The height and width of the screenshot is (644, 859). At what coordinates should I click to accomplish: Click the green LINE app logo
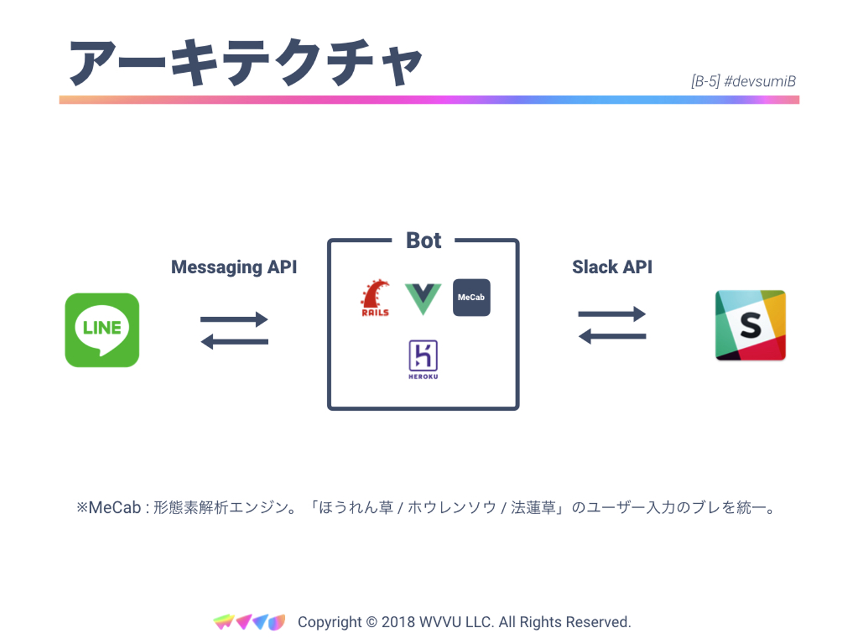tap(102, 330)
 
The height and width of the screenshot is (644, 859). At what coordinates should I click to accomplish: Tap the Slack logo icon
tap(750, 325)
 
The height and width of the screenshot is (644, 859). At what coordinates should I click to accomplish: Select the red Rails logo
tap(375, 298)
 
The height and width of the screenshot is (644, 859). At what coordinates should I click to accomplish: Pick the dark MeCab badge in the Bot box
tap(471, 297)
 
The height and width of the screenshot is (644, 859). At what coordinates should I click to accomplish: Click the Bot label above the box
tap(424, 240)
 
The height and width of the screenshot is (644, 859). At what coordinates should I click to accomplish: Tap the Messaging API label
tap(234, 267)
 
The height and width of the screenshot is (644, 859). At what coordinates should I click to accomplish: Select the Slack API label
tap(612, 267)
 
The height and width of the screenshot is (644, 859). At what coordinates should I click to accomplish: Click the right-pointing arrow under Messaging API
tap(234, 319)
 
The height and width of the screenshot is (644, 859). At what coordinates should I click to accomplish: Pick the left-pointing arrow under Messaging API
tap(234, 342)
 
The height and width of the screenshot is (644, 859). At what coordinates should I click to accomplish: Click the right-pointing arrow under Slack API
tap(612, 314)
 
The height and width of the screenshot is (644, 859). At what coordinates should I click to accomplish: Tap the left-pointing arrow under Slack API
tap(612, 336)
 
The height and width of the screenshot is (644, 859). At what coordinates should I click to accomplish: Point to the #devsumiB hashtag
tap(760, 81)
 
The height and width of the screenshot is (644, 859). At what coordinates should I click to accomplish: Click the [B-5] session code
tap(706, 81)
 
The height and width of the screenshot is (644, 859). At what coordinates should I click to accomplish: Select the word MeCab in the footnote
tap(115, 507)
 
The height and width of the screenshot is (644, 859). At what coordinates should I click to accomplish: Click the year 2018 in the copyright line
tap(398, 622)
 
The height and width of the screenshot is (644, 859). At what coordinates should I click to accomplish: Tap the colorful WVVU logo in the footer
tap(249, 622)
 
